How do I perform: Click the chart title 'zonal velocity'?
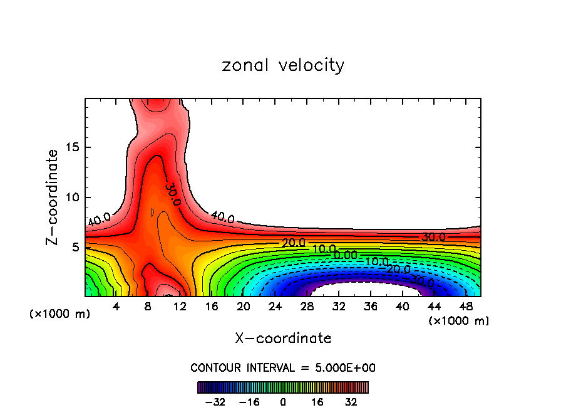[x=283, y=65]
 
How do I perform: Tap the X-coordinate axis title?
[x=283, y=339]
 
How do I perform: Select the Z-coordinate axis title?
[x=53, y=197]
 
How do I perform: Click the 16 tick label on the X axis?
[x=212, y=307]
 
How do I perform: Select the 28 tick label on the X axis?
[x=307, y=307]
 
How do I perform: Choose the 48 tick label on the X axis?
[x=466, y=307]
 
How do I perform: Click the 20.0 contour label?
[x=293, y=243]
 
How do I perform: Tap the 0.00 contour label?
[x=346, y=255]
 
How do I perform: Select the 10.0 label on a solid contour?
[x=324, y=249]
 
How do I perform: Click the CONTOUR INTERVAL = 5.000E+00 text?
[x=283, y=367]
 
